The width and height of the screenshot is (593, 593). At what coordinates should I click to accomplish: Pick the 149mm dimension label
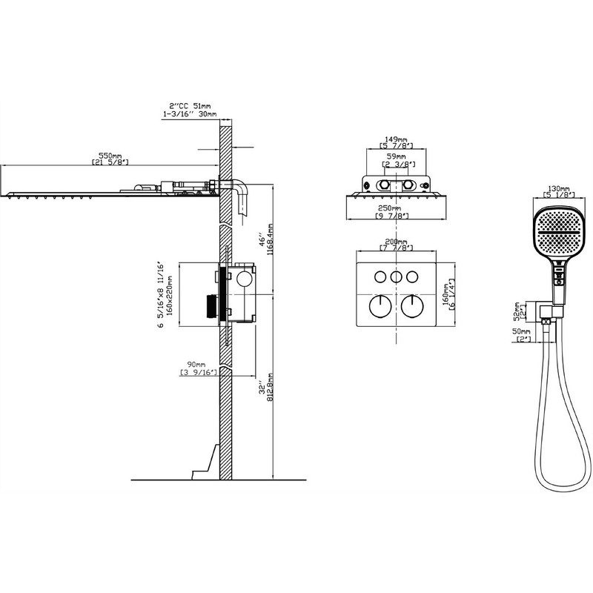[x=397, y=139]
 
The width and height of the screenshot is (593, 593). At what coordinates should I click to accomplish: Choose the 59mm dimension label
[x=397, y=156]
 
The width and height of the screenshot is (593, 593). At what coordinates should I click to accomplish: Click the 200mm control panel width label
[x=397, y=242]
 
